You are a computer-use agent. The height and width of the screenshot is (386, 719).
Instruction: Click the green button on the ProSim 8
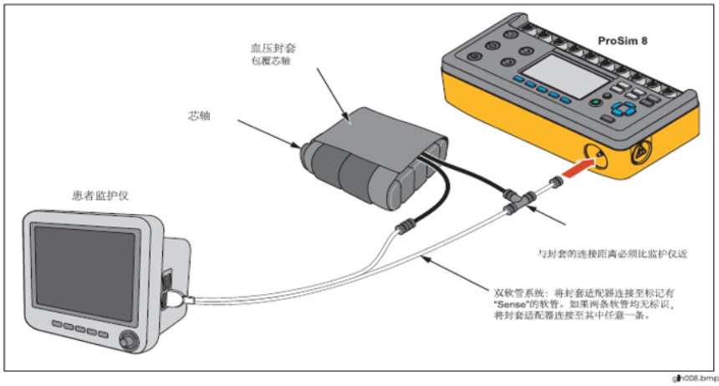[595, 104]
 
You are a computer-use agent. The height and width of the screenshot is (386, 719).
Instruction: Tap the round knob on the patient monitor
[127, 341]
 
